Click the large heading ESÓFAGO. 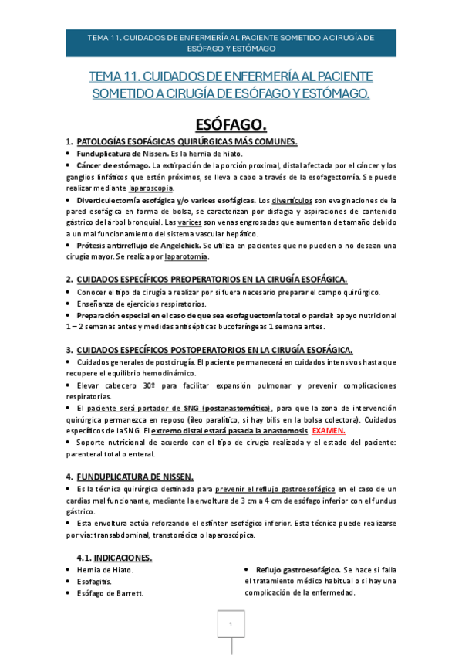231,125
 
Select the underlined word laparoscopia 151,188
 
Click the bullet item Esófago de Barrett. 110,593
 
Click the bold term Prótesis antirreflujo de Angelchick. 140,245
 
